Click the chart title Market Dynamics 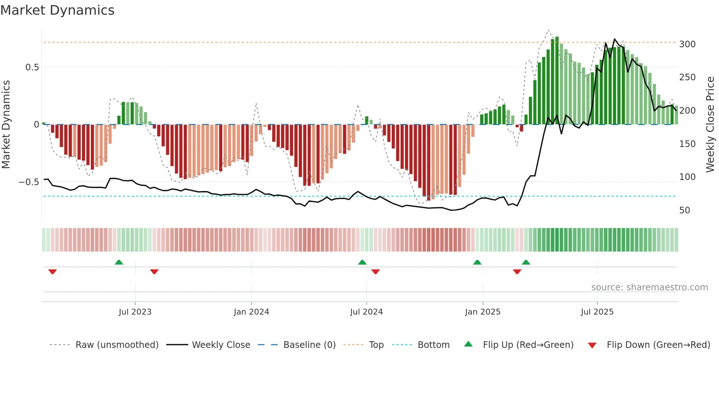[x=57, y=10]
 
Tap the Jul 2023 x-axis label [x=135, y=312]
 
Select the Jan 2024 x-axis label [x=251, y=312]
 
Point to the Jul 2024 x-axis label [x=366, y=312]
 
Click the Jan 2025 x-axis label [x=482, y=312]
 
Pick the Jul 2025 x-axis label [x=597, y=312]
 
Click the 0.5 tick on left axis [x=32, y=67]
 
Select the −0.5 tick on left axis [x=29, y=182]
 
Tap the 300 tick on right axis [x=687, y=44]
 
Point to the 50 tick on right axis [x=685, y=210]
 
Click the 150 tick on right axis [x=687, y=144]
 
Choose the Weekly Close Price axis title [x=710, y=125]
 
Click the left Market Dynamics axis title [x=6, y=125]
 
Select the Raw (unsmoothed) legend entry [x=117, y=345]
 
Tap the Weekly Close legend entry [x=221, y=345]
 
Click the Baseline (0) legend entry [x=309, y=345]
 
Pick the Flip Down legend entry [x=658, y=345]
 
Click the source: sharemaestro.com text [x=649, y=287]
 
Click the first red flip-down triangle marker [x=52, y=272]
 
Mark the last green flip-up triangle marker [x=526, y=262]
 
